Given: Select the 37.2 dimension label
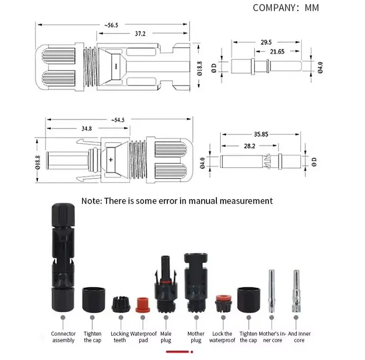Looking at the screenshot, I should (140, 34).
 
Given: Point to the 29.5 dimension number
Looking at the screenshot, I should (267, 43).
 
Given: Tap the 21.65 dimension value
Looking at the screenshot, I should (278, 51).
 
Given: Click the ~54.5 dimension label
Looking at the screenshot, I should (118, 120).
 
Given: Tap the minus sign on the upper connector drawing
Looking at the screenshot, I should (116, 66).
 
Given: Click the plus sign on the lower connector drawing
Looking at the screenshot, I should (111, 160).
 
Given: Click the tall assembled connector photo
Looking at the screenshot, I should (63, 255).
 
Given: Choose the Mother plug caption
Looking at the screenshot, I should (196, 337).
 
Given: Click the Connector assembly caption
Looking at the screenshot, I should (63, 337).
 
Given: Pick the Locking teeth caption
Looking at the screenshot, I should (120, 337).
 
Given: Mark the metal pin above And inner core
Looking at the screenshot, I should (295, 292).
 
